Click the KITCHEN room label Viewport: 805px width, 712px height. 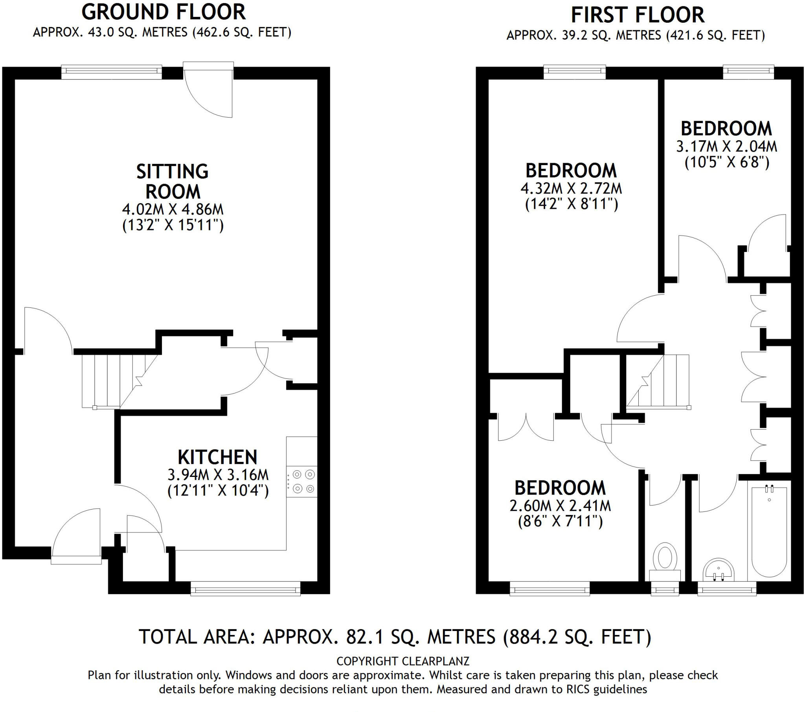point(217,458)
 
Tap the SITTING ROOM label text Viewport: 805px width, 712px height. point(173,182)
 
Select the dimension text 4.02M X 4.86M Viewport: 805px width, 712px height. point(173,209)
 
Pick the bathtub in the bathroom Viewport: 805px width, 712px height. point(769,532)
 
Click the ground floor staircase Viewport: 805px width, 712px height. point(118,381)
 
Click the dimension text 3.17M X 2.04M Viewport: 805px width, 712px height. point(727,147)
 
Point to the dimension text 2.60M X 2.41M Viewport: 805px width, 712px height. point(560,506)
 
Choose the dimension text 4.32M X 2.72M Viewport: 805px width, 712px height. point(571,188)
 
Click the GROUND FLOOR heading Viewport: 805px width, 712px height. point(164,12)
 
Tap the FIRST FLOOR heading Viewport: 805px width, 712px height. point(638,15)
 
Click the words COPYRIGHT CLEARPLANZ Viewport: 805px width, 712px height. point(402,661)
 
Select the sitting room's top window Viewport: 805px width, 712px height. point(112,71)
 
